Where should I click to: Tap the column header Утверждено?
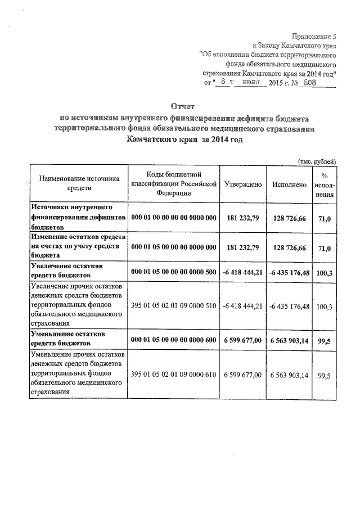coord(242,184)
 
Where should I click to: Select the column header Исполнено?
coord(289,184)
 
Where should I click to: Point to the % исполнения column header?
coord(324,184)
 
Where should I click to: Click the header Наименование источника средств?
coord(79,184)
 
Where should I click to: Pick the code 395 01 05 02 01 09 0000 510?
coord(173,307)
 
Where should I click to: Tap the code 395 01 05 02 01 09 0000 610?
coord(173,374)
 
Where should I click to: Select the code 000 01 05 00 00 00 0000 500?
coord(173,273)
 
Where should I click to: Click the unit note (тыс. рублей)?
coord(317,161)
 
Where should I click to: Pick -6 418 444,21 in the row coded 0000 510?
coord(242,307)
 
